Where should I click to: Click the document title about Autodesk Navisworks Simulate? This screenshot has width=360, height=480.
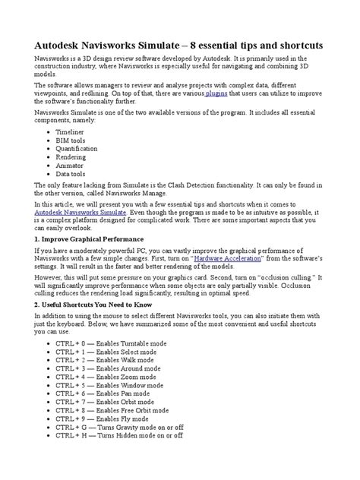179,46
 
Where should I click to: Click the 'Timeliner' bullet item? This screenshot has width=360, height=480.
73,131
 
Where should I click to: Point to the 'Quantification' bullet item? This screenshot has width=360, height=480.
77,148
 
